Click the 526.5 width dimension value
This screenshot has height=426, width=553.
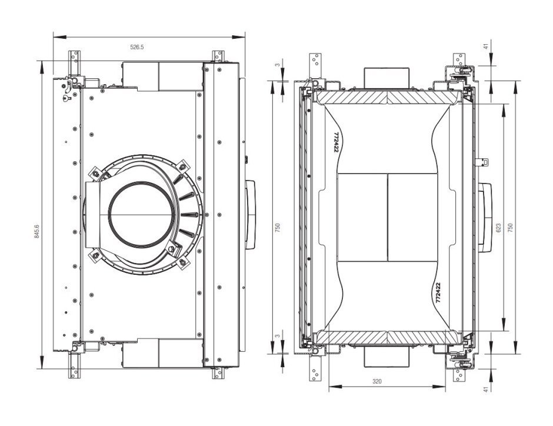coord(136,47)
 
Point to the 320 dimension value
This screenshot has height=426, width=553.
coord(377,381)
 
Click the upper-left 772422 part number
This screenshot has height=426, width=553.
coord(336,142)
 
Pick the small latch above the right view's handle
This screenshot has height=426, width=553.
coord(484,160)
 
